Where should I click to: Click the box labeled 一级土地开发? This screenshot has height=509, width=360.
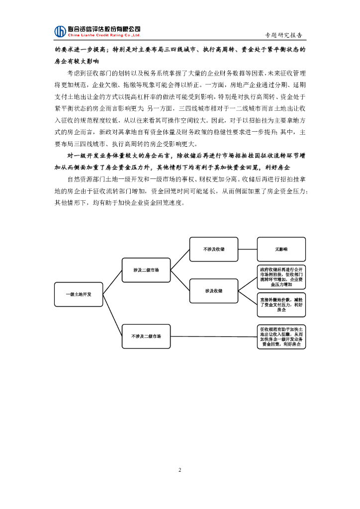pos(79,294)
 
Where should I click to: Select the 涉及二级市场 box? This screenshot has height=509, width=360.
pos(146,270)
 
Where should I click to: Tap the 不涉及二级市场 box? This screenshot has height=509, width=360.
pos(146,336)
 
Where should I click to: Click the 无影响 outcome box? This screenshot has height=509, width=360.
pos(281,249)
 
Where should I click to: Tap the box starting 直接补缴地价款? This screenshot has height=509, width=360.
pos(281,305)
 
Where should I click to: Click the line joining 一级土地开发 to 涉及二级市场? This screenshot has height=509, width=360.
pos(112,282)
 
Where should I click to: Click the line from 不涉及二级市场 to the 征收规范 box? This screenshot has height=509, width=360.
pos(213,337)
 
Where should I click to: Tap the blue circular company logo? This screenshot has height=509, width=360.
pos(60,31)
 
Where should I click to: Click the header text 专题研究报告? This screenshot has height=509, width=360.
pos(284,35)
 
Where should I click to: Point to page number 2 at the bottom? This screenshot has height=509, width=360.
pos(180,470)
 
